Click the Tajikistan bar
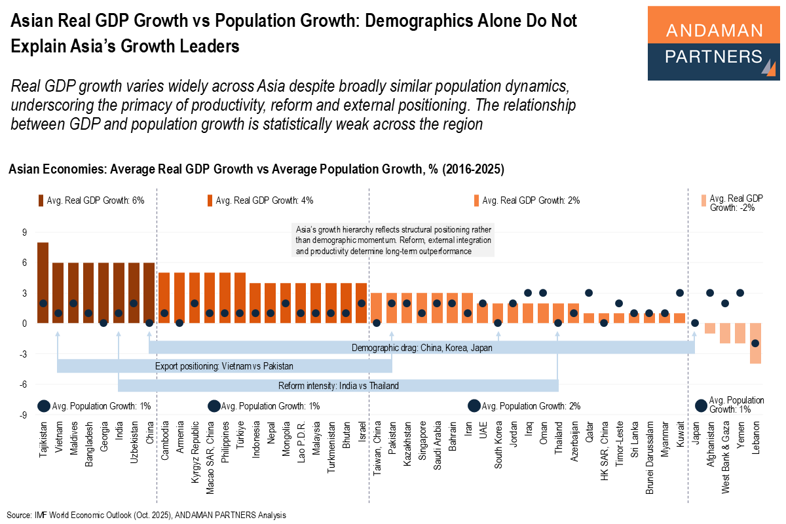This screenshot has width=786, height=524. [x=43, y=282]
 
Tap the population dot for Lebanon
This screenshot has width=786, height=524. [x=755, y=343]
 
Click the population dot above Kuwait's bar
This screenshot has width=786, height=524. [x=680, y=293]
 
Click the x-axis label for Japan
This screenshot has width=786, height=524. [x=695, y=436]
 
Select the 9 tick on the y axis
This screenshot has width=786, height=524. [x=24, y=232]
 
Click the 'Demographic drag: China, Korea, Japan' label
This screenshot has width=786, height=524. [x=421, y=348]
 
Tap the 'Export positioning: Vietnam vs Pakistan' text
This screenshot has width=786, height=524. [x=225, y=366]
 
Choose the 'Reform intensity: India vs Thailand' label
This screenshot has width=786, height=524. [x=338, y=385]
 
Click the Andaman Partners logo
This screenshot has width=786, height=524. [x=713, y=43]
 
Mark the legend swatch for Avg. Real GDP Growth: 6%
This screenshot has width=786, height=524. [x=41, y=200]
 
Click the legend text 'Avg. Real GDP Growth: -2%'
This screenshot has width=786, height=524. [x=736, y=202]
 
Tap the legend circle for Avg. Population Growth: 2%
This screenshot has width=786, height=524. [x=474, y=406]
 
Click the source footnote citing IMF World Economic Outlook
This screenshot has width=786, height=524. [x=147, y=515]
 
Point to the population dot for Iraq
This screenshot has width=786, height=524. [x=528, y=293]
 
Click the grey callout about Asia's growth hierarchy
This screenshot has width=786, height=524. [x=392, y=240]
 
